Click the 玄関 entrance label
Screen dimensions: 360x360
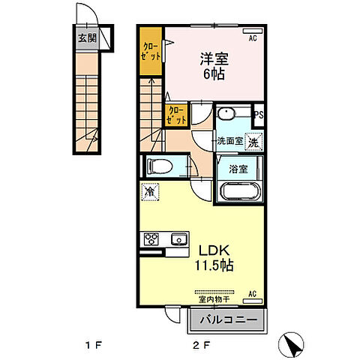pyautogui.click(x=87, y=38)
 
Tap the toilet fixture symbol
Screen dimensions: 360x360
pyautogui.click(x=160, y=166)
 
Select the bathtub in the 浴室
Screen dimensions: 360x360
pyautogui.click(x=239, y=192)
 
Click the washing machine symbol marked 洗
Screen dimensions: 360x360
pyautogui.click(x=253, y=142)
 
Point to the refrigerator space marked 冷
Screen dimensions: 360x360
pyautogui.click(x=150, y=192)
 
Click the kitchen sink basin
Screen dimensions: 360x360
pyautogui.click(x=179, y=239)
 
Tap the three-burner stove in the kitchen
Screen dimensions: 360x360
pyautogui.click(x=151, y=239)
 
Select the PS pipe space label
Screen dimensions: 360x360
pyautogui.click(x=259, y=115)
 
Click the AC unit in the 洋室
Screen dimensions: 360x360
pyautogui.click(x=253, y=31)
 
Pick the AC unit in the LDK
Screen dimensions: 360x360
pyautogui.click(x=253, y=301)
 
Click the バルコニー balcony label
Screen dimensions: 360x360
pyautogui.click(x=229, y=319)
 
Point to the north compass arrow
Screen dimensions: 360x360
pyautogui.click(x=291, y=345)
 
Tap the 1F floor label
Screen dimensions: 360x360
pyautogui.click(x=94, y=346)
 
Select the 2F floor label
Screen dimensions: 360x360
pyautogui.click(x=201, y=346)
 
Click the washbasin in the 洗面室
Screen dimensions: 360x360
pyautogui.click(x=226, y=114)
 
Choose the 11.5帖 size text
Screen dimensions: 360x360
pyautogui.click(x=214, y=265)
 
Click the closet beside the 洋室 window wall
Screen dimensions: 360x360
pyautogui.click(x=151, y=51)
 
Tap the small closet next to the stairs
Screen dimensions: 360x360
pyautogui.click(x=176, y=115)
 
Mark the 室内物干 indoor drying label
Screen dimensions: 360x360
pyautogui.click(x=214, y=299)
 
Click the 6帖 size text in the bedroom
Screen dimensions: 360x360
pyautogui.click(x=214, y=73)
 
